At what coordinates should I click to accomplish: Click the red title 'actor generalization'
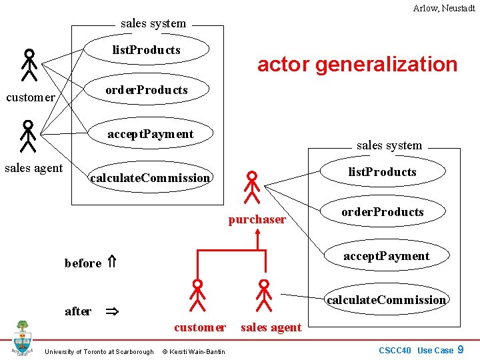click(357, 64)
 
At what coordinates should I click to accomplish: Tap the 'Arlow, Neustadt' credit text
click(443, 8)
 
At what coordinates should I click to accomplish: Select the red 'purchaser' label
click(257, 219)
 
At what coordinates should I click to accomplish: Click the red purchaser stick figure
click(252, 187)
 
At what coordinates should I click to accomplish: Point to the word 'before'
click(83, 263)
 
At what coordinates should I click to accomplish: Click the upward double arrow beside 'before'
click(112, 263)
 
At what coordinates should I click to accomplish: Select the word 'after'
click(78, 311)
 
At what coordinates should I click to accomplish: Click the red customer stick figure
click(197, 295)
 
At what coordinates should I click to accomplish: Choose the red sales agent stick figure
click(265, 295)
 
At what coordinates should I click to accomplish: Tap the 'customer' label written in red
click(199, 327)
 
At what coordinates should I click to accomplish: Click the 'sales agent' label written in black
click(33, 168)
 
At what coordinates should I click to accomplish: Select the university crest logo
click(23, 338)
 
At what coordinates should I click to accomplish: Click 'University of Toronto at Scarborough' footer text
click(99, 351)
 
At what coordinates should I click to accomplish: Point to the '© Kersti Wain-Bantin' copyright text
click(193, 351)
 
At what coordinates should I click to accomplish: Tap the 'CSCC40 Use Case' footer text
click(416, 350)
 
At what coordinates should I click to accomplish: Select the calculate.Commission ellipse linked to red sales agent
click(386, 300)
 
